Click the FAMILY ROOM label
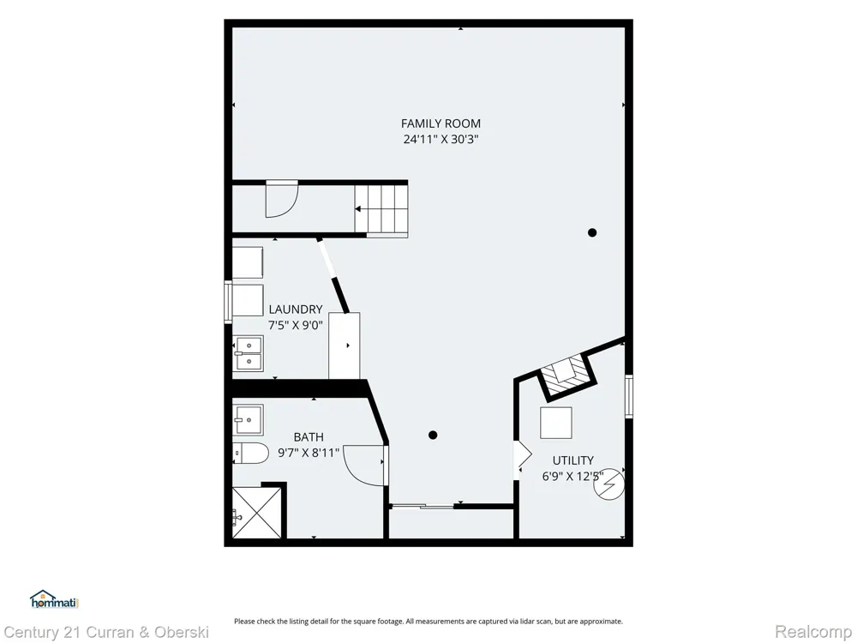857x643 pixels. (440, 123)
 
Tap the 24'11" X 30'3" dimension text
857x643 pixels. (440, 139)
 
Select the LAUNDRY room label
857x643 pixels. (295, 309)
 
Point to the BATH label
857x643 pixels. (309, 437)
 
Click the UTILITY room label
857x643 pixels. (572, 460)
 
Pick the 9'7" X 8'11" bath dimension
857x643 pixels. (309, 453)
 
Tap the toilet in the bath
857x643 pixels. (251, 453)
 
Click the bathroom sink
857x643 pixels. (249, 420)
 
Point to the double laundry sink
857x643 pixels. (249, 353)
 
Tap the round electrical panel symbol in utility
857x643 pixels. (608, 484)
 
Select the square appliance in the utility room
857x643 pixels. (556, 423)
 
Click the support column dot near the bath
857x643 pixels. (433, 436)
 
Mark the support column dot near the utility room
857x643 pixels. (592, 232)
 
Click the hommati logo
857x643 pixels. (55, 599)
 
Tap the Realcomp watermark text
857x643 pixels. (813, 632)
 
